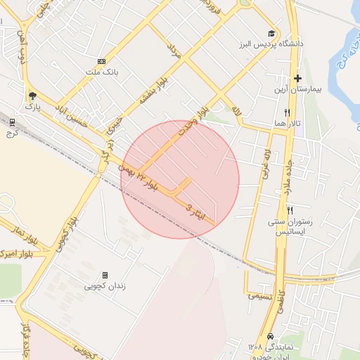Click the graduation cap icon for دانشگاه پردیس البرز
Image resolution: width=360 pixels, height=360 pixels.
pyautogui.click(x=271, y=33)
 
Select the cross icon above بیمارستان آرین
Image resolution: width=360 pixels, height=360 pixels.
pyautogui.click(x=298, y=78)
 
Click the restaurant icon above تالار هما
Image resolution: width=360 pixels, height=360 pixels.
pyautogui.click(x=287, y=112)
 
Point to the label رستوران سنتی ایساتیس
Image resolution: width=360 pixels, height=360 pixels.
pyautogui.click(x=289, y=226)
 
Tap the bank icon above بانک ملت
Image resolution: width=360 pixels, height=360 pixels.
pyautogui.click(x=102, y=61)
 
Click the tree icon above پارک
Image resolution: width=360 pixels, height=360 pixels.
pyautogui.click(x=32, y=96)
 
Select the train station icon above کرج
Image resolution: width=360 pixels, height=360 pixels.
pyautogui.click(x=11, y=121)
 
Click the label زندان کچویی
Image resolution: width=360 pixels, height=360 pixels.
pyautogui.click(x=104, y=286)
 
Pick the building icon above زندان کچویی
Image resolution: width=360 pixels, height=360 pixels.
pyautogui.click(x=105, y=275)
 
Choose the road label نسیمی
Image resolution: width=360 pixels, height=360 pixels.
pyautogui.click(x=259, y=295)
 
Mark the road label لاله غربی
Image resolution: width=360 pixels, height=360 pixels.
pyautogui.click(x=266, y=166)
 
